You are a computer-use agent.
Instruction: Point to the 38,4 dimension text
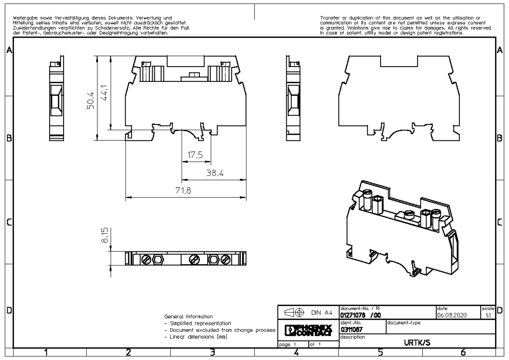click(x=214, y=173)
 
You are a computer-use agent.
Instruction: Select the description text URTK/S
click(x=417, y=343)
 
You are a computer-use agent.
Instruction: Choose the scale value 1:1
click(x=489, y=315)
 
